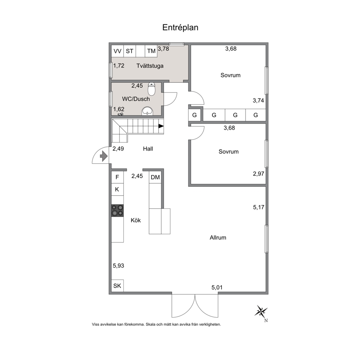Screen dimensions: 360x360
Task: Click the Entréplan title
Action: point(180,28)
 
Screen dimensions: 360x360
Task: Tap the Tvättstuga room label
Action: point(150,66)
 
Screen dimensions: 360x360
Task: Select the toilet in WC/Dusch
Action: point(152,89)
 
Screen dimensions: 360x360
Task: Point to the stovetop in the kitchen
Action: point(117,210)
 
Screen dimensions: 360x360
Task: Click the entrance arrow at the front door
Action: point(104,156)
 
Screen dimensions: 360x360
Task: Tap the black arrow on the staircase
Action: point(161,126)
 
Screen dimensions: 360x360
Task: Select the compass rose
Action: point(261,312)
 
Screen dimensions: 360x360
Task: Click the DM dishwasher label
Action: point(155,177)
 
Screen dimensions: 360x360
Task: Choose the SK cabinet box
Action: point(117,286)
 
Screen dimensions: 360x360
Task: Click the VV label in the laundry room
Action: point(118,51)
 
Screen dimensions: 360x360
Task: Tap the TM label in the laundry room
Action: point(151,51)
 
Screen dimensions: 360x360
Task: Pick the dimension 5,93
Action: point(118,266)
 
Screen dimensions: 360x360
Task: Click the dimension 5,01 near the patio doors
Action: point(217,287)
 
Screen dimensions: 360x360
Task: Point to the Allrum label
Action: point(218,237)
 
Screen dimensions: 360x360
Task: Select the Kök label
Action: point(136,220)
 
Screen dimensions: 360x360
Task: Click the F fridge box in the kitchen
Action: point(117,177)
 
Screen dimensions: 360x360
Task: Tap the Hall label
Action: point(148,149)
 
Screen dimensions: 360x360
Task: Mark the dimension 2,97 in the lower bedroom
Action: point(258,174)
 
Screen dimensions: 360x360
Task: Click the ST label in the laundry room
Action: point(130,51)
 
